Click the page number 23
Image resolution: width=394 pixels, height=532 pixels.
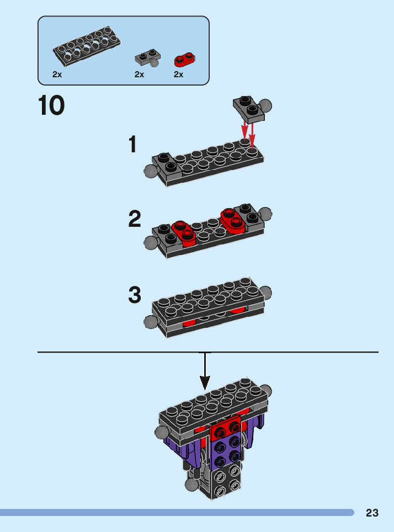(x=372, y=513)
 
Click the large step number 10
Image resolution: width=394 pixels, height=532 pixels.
(x=51, y=106)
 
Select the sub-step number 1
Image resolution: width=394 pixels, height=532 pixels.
(x=132, y=145)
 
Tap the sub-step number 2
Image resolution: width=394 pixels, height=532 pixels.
(x=134, y=220)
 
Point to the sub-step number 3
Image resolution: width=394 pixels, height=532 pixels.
(x=135, y=295)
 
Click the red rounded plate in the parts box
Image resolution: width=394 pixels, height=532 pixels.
(x=185, y=59)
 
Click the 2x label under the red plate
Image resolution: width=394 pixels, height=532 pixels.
(x=178, y=75)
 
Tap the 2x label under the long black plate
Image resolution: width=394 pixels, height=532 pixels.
(x=57, y=75)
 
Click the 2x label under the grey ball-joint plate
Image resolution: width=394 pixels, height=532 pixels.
(x=139, y=75)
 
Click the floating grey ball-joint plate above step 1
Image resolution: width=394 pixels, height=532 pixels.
(x=250, y=106)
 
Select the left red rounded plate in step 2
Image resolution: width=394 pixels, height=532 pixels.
(x=184, y=232)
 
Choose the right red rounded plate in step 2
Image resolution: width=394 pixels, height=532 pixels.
(x=233, y=219)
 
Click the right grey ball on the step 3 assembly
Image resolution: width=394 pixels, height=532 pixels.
(x=266, y=292)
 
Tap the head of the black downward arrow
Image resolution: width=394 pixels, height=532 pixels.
(x=205, y=382)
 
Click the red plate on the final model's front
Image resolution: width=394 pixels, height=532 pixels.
(x=225, y=431)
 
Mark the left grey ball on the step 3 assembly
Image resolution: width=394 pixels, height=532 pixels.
(x=150, y=322)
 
